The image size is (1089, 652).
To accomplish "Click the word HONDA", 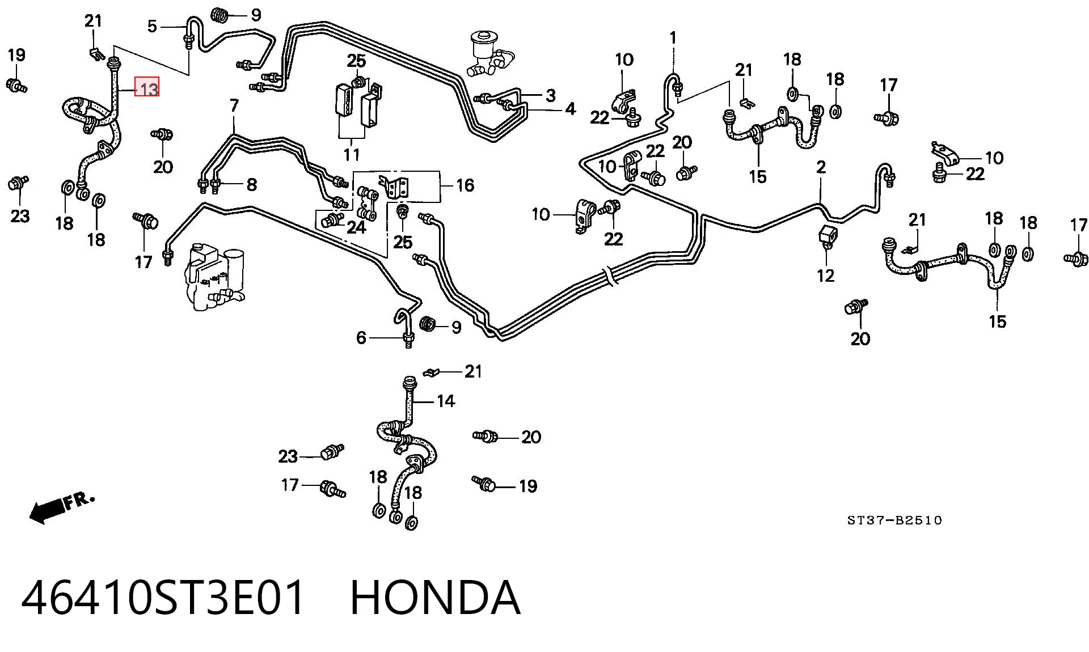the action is tap(435, 598).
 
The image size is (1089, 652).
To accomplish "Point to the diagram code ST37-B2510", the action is tap(894, 520).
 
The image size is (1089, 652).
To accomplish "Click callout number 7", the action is tap(234, 105).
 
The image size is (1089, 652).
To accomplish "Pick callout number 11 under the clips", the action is tap(351, 154).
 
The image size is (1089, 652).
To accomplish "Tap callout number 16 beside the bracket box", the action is tap(465, 185).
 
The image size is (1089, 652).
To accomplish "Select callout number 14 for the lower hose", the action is tap(446, 401).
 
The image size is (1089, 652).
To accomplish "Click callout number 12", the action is tap(825, 276).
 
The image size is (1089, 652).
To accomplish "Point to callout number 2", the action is tap(821, 167).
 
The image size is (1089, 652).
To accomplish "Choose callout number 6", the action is tap(361, 338).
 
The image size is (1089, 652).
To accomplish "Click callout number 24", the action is tap(356, 227).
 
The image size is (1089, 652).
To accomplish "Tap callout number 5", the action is tap(152, 26).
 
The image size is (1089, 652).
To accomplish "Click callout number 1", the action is tap(673, 39).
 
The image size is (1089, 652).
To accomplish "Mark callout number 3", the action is tap(550, 95).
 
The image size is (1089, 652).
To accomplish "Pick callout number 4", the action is tap(570, 109).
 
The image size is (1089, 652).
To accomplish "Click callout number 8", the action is tap(251, 184).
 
